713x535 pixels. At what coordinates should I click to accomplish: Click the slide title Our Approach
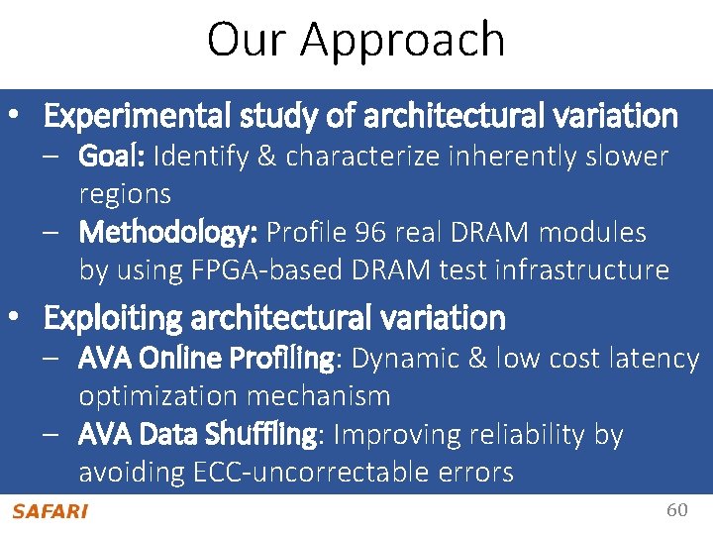click(x=356, y=40)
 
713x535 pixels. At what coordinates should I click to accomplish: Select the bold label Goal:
click(x=113, y=157)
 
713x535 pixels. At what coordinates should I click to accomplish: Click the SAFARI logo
click(x=50, y=511)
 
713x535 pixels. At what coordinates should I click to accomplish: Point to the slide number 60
click(x=676, y=510)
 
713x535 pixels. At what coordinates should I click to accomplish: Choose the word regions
click(x=125, y=194)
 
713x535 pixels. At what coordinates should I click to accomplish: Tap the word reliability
click(x=537, y=435)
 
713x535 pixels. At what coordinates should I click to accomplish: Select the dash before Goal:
click(x=58, y=157)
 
